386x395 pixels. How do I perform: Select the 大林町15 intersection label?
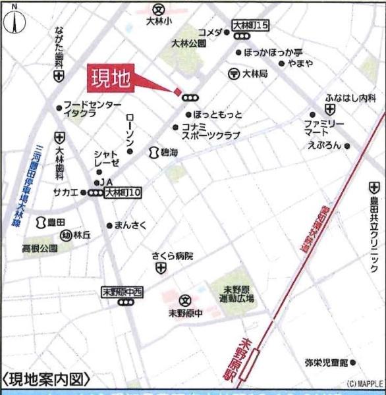tap(251, 26)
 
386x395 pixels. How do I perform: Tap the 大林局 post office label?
tap(255, 74)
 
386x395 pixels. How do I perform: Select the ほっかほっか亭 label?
tap(273, 51)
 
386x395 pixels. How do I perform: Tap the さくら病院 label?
tap(172, 256)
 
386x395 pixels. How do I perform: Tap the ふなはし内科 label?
tap(350, 98)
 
